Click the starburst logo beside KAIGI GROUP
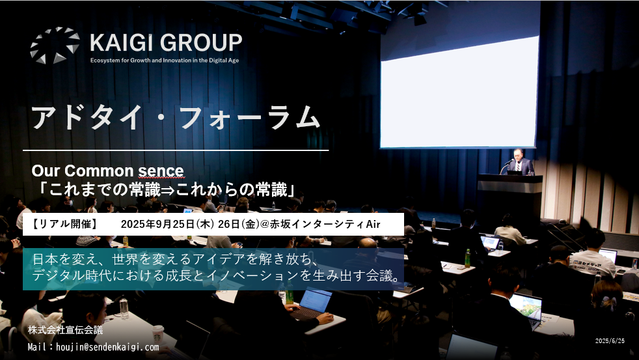[55, 46]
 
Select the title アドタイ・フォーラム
[176, 117]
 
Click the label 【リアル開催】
[65, 224]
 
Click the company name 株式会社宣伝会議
[65, 330]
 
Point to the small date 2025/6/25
[610, 341]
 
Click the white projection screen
[459, 92]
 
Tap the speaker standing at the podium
[519, 161]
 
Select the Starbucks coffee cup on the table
[157, 334]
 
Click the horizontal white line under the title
[176, 150]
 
